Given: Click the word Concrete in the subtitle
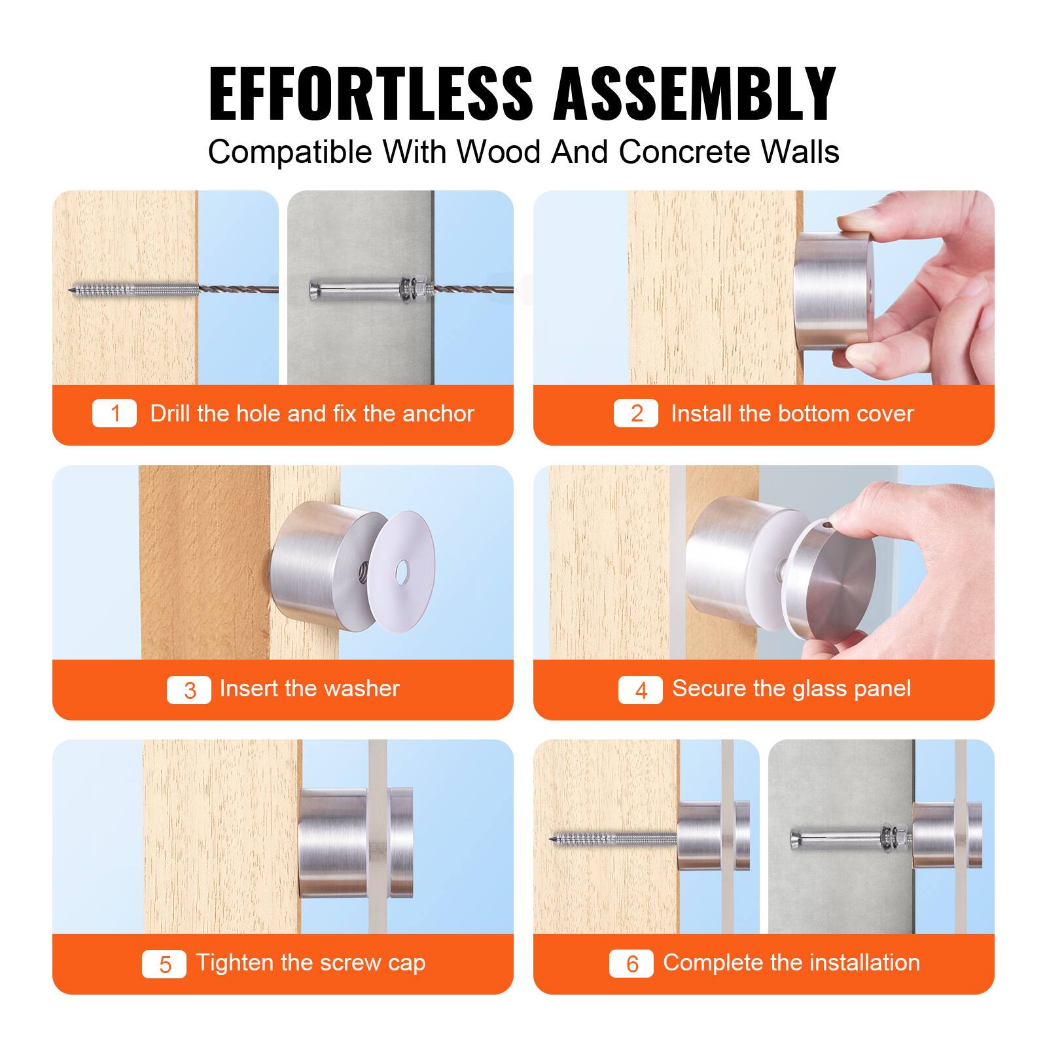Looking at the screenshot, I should tap(684, 152).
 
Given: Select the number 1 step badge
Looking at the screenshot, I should tap(115, 414).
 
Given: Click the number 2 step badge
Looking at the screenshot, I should tap(636, 414).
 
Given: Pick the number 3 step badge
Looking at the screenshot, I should tap(189, 690).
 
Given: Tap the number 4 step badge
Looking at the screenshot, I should tap(641, 690).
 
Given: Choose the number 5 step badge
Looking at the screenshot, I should tap(164, 964).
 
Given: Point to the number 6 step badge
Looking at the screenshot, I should tap(631, 964).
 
